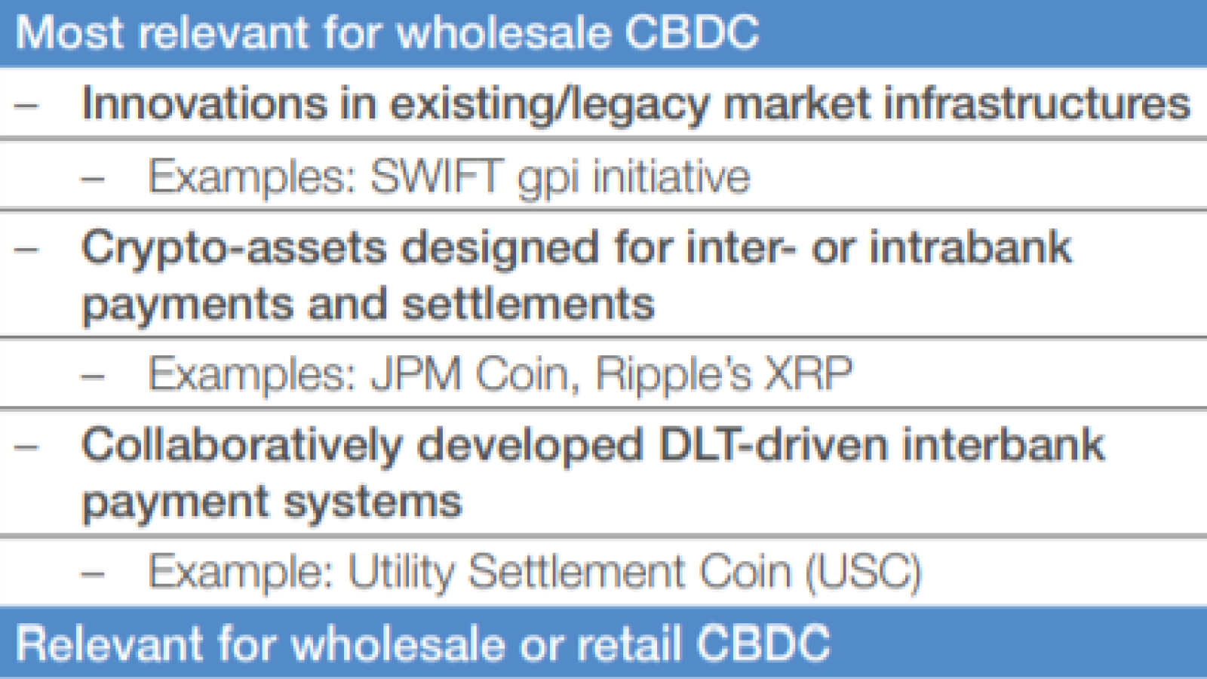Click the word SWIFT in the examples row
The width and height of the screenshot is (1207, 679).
tap(437, 177)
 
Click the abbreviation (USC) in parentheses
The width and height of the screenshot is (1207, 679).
tap(863, 573)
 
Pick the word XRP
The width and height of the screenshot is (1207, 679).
tap(808, 373)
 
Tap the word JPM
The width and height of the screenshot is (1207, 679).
tap(416, 373)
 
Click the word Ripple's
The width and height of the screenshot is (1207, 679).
tap(673, 374)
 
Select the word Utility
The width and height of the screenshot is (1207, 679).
tap(401, 573)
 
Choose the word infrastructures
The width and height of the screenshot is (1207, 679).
tap(1037, 103)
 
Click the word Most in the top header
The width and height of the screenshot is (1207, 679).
tap(70, 32)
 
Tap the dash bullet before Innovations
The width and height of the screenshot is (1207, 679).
tap(26, 105)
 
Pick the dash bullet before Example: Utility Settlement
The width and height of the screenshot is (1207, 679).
tap(92, 574)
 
